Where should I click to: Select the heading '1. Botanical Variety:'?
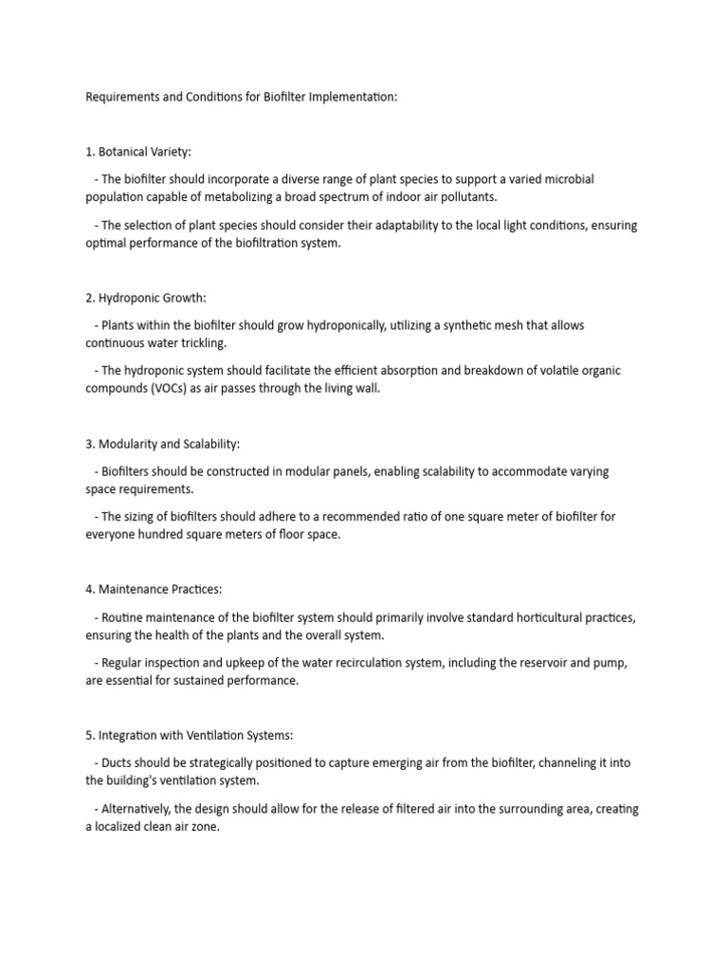(x=138, y=152)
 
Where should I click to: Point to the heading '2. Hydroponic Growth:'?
(x=145, y=298)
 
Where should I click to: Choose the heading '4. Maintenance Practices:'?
(x=153, y=590)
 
